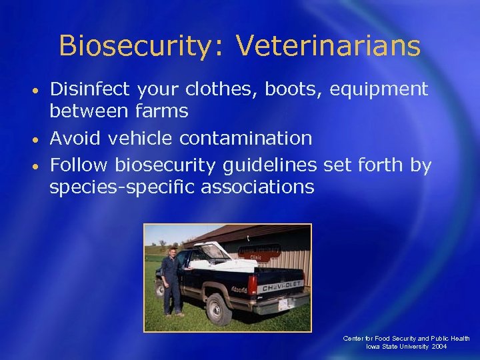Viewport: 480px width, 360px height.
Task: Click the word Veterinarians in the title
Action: click(329, 47)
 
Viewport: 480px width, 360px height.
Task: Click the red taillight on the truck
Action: click(253, 286)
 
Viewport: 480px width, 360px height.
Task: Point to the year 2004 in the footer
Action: click(439, 347)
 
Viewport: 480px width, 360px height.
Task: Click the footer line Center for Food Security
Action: click(406, 339)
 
